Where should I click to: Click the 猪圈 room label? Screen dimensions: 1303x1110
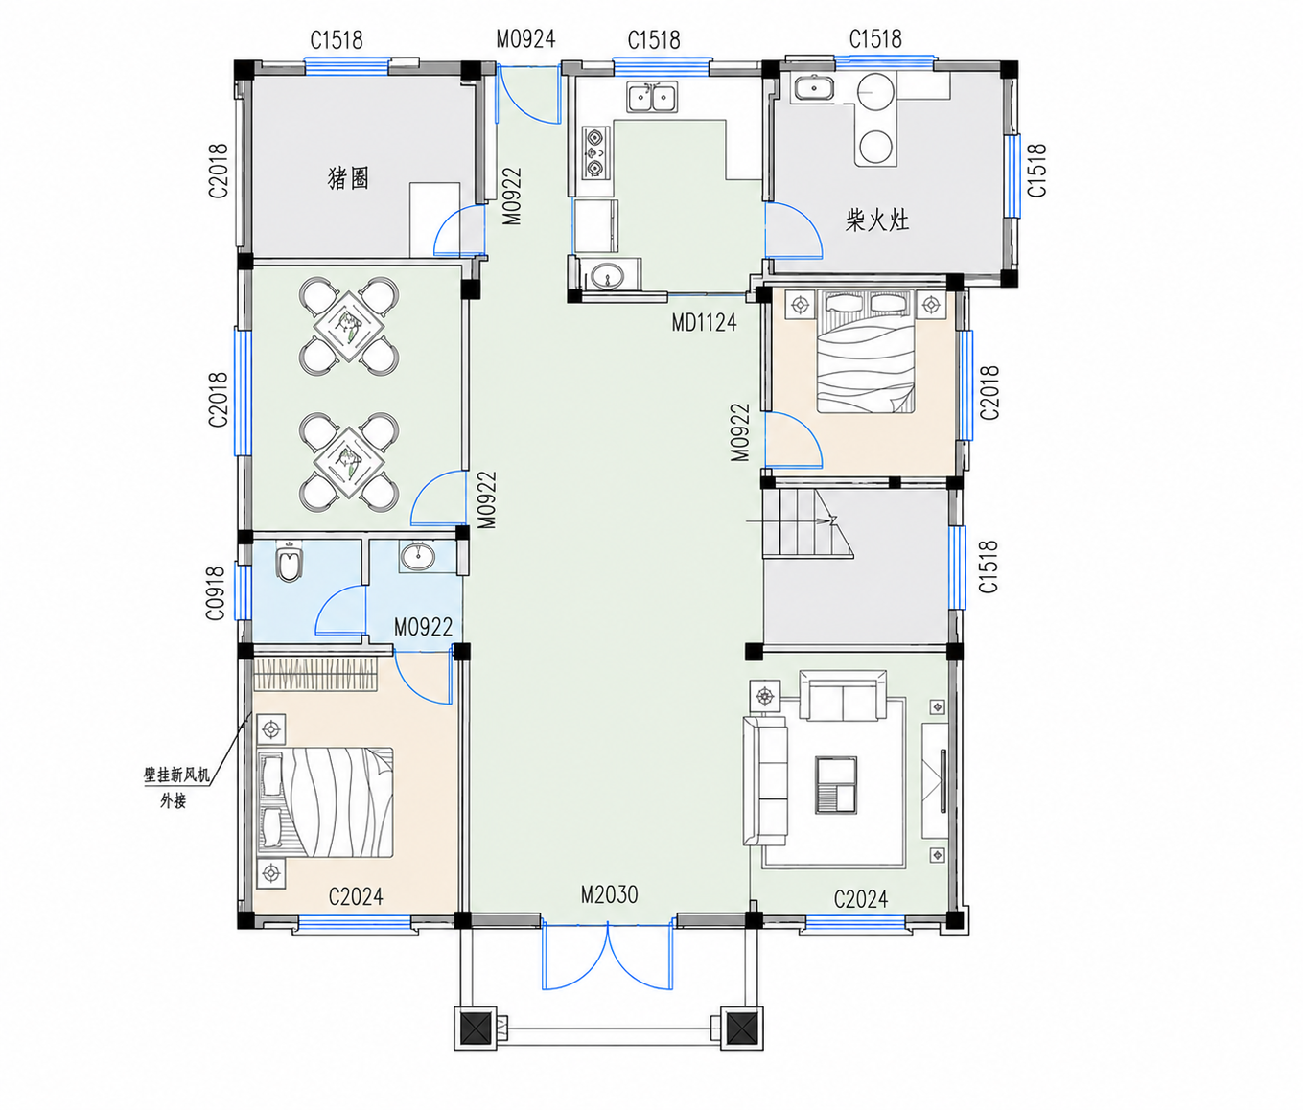tap(348, 178)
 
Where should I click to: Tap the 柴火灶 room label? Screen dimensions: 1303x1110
tap(877, 220)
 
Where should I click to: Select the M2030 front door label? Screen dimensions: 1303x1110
tap(609, 894)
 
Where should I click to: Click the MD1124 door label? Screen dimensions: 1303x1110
tap(704, 323)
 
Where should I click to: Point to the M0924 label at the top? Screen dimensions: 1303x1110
tap(525, 39)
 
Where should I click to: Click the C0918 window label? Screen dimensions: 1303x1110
tap(216, 593)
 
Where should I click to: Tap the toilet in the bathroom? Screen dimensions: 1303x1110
tap(290, 563)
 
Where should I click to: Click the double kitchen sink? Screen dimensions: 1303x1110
tap(652, 97)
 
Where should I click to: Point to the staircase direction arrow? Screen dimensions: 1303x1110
tap(791, 521)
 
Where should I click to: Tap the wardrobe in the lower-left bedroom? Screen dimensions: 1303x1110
tap(315, 675)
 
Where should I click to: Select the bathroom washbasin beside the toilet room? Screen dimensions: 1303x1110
tap(417, 557)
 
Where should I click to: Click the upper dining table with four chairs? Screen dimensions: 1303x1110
tap(349, 327)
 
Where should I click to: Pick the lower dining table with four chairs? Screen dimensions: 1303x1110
tap(349, 461)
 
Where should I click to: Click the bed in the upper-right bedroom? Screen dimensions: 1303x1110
tap(866, 351)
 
